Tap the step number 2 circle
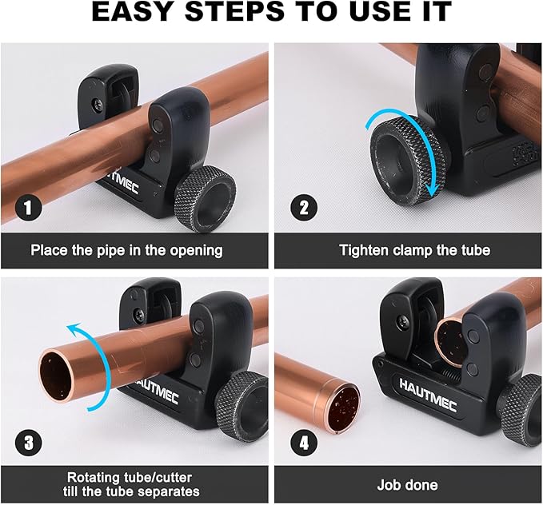303,209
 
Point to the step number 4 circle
303,441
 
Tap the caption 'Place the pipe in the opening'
126,250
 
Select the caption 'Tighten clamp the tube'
414,250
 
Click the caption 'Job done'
407,485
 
